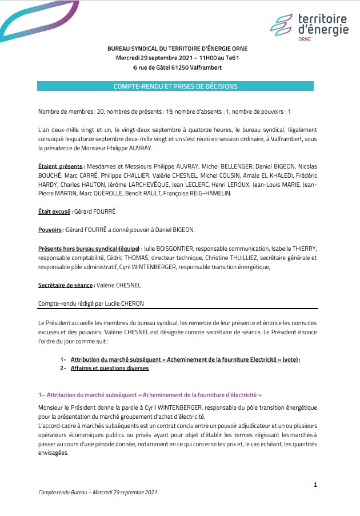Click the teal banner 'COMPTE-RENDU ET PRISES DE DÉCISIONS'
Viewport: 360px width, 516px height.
pyautogui.click(x=175, y=86)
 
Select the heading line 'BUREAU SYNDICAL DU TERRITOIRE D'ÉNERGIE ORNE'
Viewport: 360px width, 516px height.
pyautogui.click(x=177, y=49)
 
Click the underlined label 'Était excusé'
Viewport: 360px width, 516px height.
pyautogui.click(x=55, y=211)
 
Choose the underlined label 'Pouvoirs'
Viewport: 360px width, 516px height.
pyautogui.click(x=50, y=230)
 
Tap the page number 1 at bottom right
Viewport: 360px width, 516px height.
pyautogui.click(x=315, y=485)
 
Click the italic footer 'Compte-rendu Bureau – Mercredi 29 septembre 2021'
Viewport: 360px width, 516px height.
pyautogui.click(x=97, y=493)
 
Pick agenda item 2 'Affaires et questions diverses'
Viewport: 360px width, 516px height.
pyautogui.click(x=110, y=369)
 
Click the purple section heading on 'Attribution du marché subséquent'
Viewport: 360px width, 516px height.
pyautogui.click(x=150, y=395)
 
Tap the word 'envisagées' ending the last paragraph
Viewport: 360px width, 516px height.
pyautogui.click(x=53, y=453)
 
